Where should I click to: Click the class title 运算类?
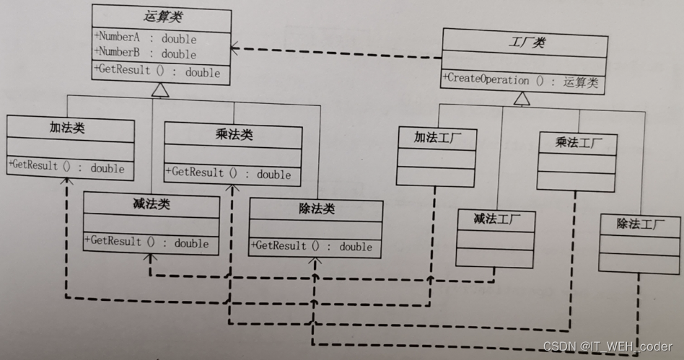coord(161,16)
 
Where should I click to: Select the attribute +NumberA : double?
coord(144,38)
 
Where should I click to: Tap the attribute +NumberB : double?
coord(144,53)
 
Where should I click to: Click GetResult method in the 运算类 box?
coord(157,71)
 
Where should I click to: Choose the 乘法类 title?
coord(234,134)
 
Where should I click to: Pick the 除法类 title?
coord(316,208)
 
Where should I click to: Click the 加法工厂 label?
coord(437,136)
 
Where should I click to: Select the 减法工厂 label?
coord(495,218)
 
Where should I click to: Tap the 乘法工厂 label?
coord(576,142)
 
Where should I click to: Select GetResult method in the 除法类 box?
coord(312,246)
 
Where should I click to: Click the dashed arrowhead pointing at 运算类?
coord(235,48)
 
